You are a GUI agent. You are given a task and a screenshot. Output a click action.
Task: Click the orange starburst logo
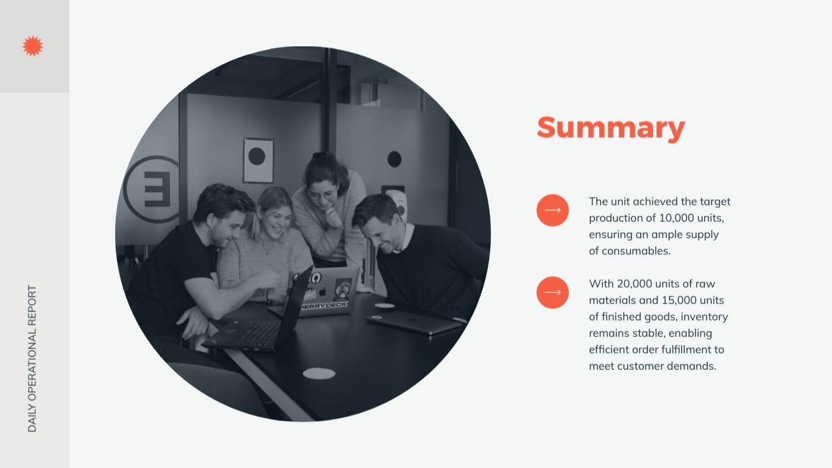[x=32, y=46]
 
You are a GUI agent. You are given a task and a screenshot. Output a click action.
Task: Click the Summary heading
[x=610, y=128]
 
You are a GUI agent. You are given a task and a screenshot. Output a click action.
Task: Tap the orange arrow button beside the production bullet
[x=552, y=210]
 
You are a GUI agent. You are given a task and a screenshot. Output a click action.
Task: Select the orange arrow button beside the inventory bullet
[x=552, y=292]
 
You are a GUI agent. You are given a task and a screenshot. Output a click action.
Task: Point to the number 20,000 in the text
[x=636, y=284]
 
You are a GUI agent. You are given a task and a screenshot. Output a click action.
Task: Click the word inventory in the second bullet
[x=705, y=317]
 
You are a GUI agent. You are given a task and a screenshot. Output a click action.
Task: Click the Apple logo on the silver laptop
[x=322, y=291]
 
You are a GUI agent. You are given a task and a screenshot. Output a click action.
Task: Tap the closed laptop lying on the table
[x=414, y=322]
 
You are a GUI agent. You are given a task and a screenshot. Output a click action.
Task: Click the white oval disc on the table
[x=319, y=374]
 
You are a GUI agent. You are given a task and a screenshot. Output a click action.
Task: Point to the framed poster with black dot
[x=258, y=160]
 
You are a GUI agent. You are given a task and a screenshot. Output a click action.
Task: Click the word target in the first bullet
[x=715, y=202]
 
